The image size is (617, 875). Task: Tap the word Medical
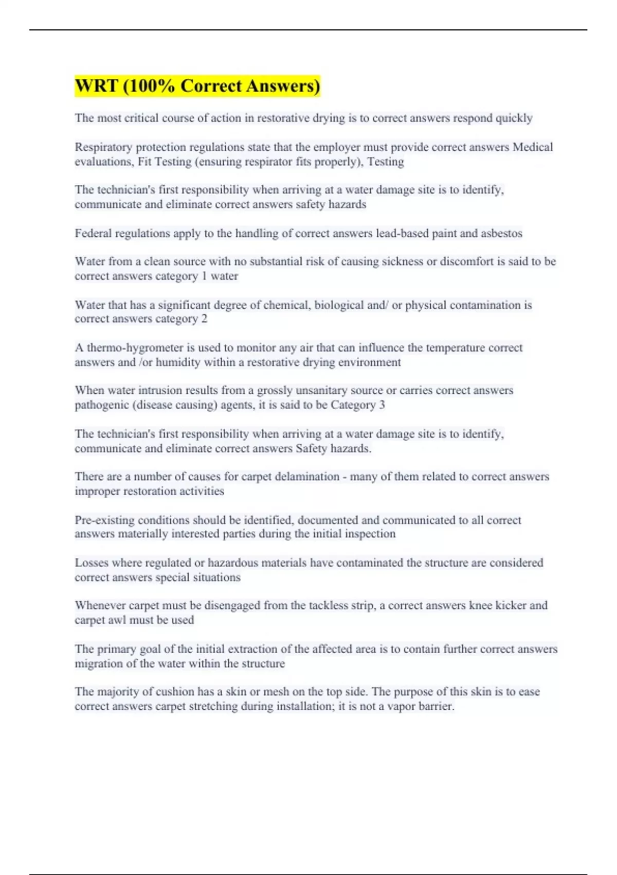point(533,147)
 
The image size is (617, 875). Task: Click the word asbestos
point(501,234)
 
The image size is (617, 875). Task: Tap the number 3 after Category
point(382,405)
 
